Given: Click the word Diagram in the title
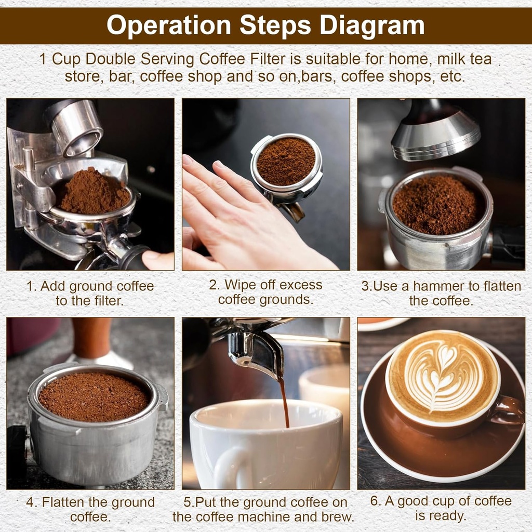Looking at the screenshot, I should point(372,25).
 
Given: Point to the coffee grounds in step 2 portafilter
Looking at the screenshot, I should point(285,161).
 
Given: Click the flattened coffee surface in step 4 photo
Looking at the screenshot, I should point(94,397).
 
